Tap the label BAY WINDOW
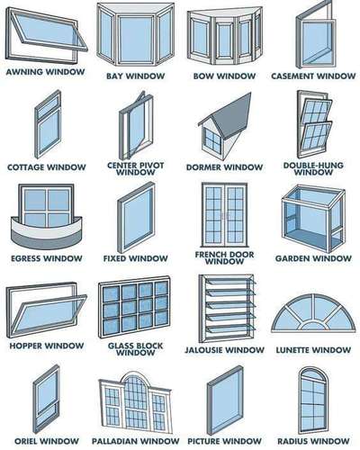pos(136,76)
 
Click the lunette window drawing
pos(313,313)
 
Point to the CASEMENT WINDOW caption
pos(313,76)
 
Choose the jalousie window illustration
pos(228,309)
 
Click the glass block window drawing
pos(135,307)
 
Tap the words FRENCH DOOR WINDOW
pos(224,258)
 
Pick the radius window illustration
pos(313,400)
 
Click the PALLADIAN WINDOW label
pos(135,441)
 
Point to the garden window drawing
pos(313,219)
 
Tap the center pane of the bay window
pos(136,39)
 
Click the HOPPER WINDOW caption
pos(47,346)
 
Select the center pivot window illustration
pos(136,126)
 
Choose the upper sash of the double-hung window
pos(317,110)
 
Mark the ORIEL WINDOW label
pos(47,441)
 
